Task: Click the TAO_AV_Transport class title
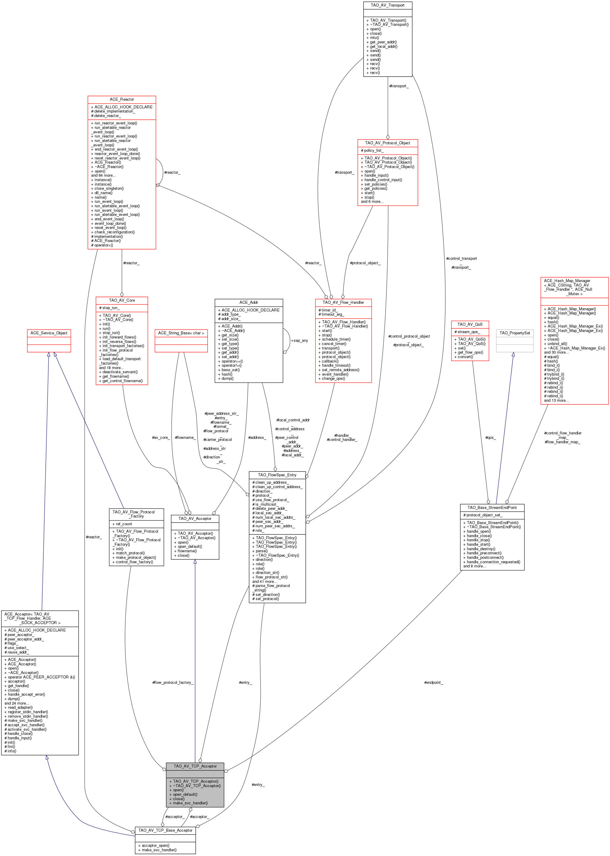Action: [387, 5]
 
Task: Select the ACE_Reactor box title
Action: [122, 99]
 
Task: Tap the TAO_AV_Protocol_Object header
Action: [388, 143]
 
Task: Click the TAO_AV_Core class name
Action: [122, 300]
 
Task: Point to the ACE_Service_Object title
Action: [49, 333]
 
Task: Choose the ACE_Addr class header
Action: [249, 302]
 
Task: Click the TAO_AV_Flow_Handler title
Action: [343, 302]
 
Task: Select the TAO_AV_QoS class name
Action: [470, 324]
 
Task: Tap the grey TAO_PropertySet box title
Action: [515, 333]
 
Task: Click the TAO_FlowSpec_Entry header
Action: [277, 475]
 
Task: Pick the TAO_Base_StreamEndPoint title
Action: [492, 507]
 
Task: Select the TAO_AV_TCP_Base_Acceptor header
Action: [165, 830]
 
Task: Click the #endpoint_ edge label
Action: [433, 683]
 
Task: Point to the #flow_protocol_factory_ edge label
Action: [173, 683]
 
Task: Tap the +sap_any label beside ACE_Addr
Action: [300, 341]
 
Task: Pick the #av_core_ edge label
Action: [161, 438]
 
